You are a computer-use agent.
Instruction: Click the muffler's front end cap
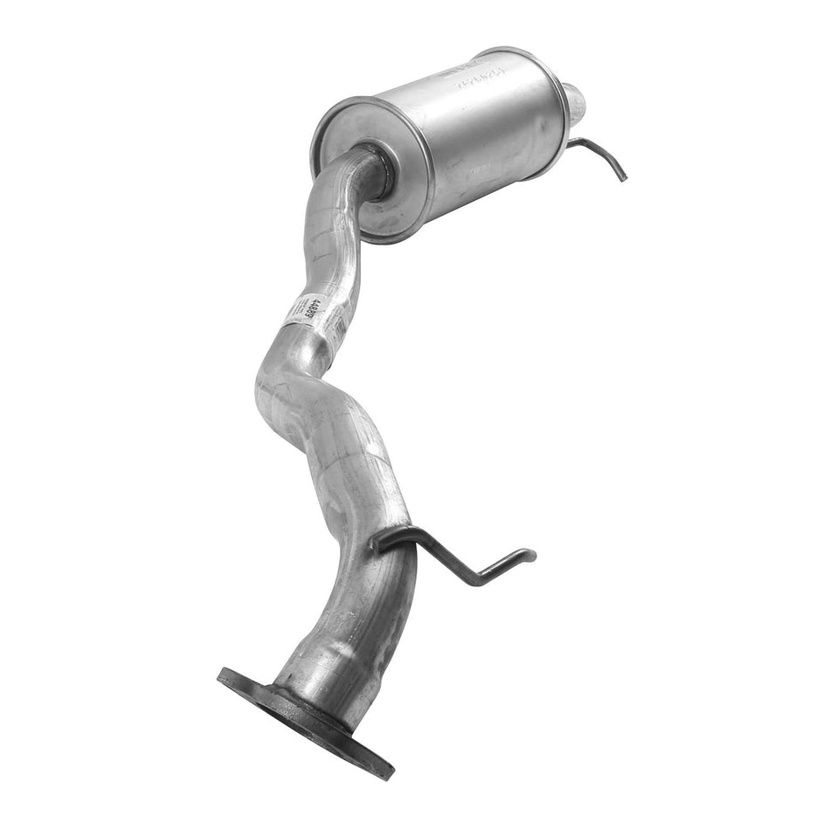point(367,170)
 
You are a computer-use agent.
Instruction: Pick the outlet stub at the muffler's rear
point(574,103)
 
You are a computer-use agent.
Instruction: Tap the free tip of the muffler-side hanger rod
point(624,178)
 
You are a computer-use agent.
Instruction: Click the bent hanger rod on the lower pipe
point(454,559)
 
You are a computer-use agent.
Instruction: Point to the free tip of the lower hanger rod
point(531,553)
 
